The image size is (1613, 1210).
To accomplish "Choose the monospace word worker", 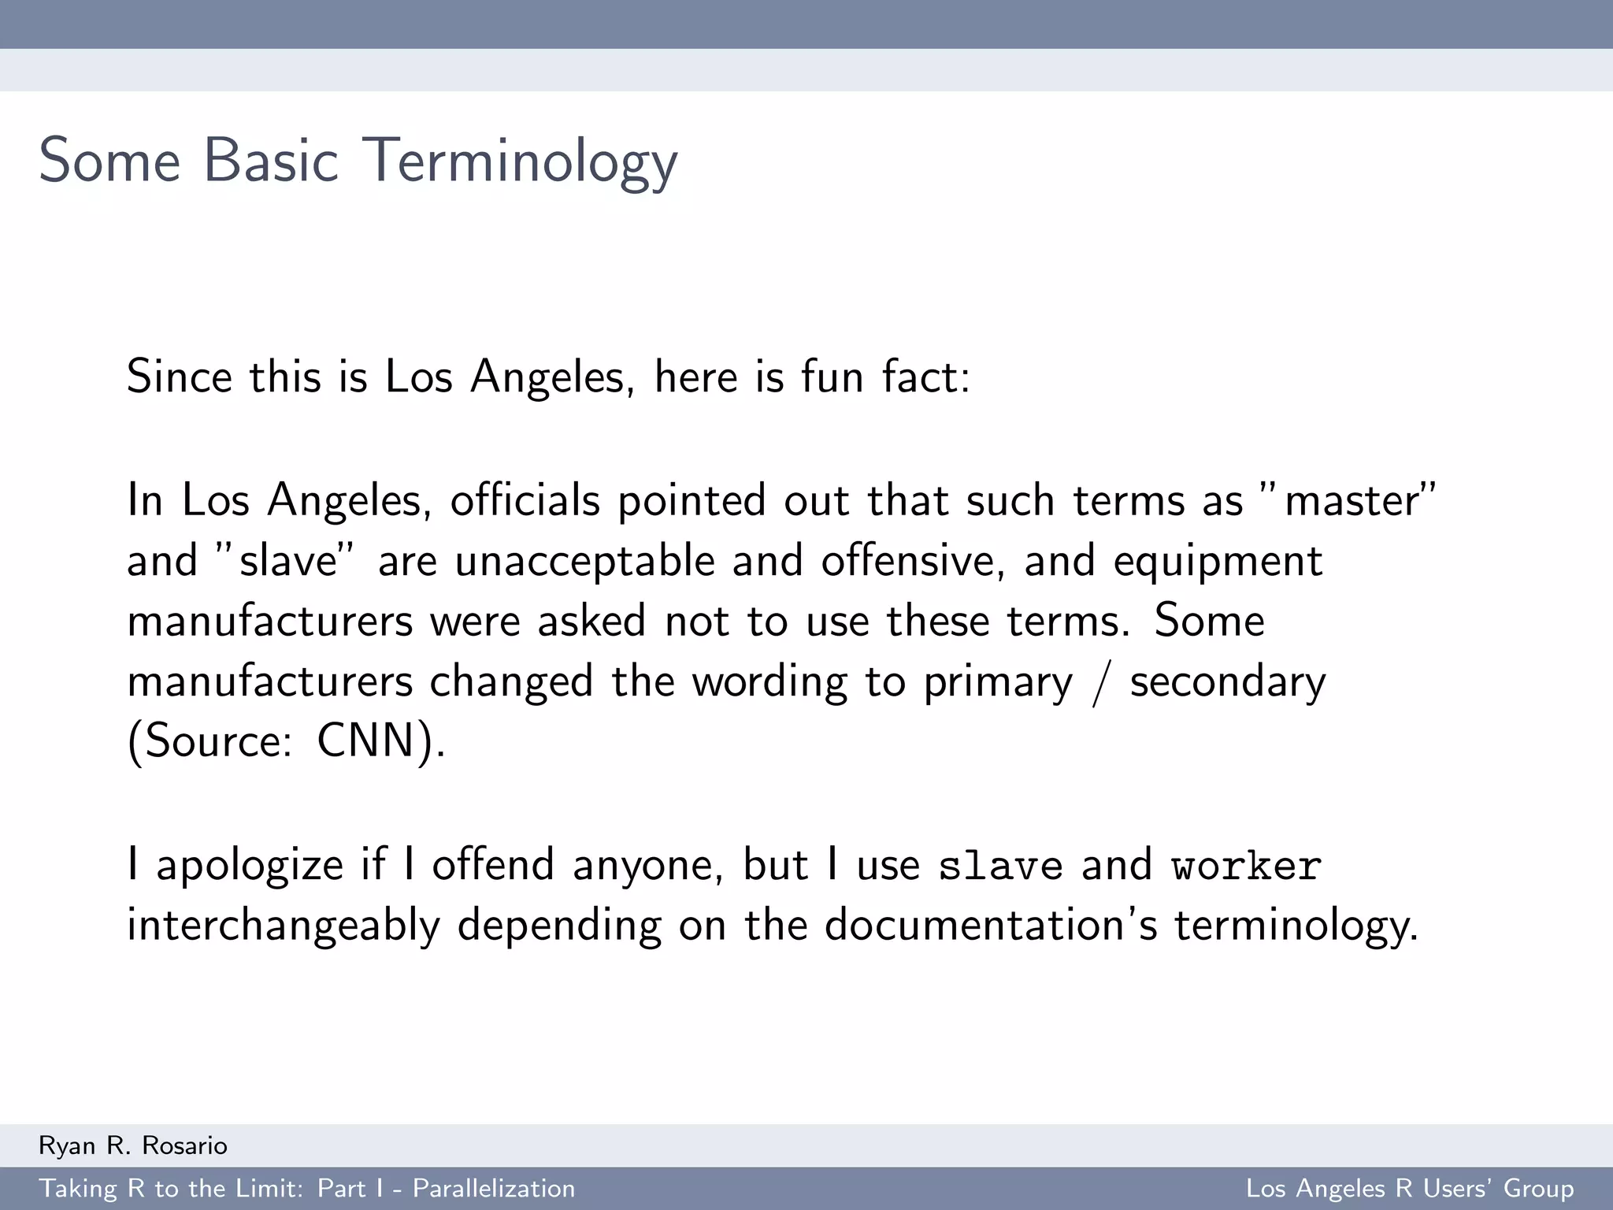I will (1246, 866).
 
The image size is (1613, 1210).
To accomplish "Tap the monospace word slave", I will (1000, 866).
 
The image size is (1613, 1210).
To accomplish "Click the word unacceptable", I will (584, 561).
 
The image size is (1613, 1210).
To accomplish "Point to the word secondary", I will (1228, 682).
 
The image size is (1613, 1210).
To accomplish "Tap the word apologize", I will (250, 866).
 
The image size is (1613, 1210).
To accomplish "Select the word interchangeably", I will (283, 926).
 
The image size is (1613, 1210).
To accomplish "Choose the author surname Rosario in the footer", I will (184, 1145).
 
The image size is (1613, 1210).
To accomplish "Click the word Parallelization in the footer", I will (494, 1189).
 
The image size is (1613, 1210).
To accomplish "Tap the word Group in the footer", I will (1538, 1189).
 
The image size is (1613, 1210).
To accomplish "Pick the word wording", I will (769, 682).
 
